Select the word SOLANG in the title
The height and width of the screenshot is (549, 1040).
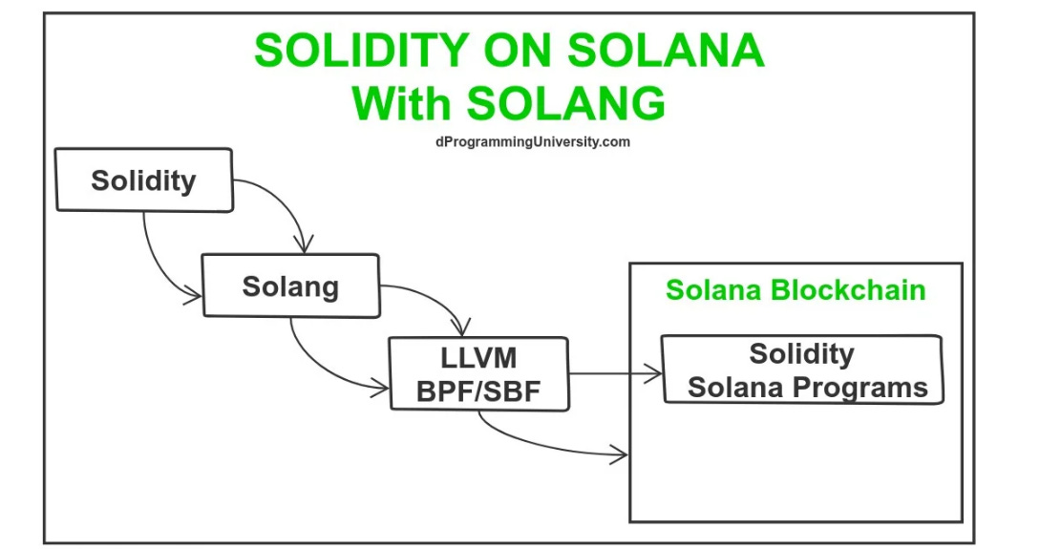pyautogui.click(x=564, y=102)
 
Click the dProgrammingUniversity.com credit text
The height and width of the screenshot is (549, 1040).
pyautogui.click(x=531, y=141)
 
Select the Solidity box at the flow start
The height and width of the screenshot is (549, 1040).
pyautogui.click(x=144, y=179)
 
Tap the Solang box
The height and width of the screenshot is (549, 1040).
pyautogui.click(x=290, y=285)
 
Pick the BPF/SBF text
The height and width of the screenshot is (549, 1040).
pyautogui.click(x=478, y=391)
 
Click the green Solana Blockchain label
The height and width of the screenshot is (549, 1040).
pyautogui.click(x=796, y=290)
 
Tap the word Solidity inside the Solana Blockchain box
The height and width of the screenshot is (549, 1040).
pyautogui.click(x=801, y=354)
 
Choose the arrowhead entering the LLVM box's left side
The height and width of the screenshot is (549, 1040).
pyautogui.click(x=384, y=387)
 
